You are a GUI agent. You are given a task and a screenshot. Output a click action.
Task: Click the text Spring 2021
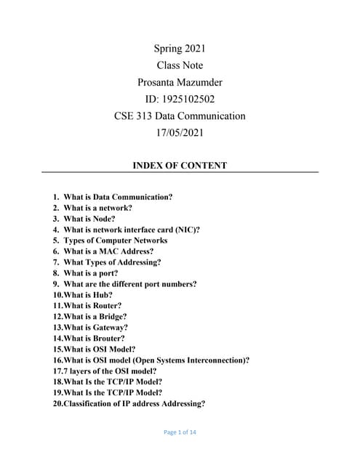pos(180,49)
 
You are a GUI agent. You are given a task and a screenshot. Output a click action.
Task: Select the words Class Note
pos(180,65)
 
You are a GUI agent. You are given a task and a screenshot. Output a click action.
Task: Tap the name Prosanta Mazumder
pos(180,82)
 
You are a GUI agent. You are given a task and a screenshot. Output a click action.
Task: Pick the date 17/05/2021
pos(180,132)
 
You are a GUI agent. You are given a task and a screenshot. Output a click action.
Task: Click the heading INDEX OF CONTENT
pos(180,166)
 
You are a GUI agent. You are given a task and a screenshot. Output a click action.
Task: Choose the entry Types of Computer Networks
pos(115,240)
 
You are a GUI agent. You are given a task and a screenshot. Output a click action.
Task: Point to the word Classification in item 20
pos(91,404)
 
